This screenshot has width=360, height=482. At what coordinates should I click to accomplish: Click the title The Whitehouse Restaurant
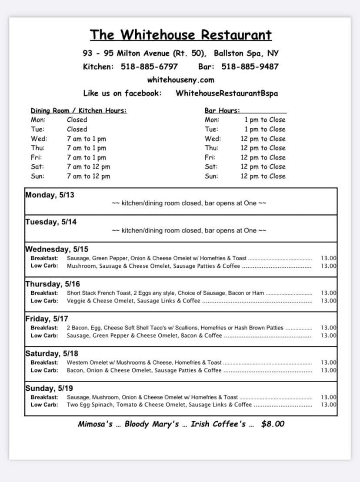[180, 35]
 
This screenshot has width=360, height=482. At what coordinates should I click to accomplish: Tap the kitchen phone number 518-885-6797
[149, 66]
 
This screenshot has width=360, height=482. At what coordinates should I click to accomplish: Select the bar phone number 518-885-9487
[250, 66]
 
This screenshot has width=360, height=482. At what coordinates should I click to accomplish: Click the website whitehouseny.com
[180, 80]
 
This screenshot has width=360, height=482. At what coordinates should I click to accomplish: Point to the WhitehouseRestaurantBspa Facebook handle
[227, 93]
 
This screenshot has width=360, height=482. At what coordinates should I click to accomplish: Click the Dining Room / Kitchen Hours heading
[79, 110]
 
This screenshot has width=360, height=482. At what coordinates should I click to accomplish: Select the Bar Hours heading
[222, 110]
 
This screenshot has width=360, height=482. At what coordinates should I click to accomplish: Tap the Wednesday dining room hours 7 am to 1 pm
[87, 139]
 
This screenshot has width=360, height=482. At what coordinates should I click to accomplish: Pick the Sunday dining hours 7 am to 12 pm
[88, 176]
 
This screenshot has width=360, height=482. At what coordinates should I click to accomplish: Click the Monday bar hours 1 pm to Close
[265, 120]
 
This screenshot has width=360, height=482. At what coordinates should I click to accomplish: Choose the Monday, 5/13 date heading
[50, 195]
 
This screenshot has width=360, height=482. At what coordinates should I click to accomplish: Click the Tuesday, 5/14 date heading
[51, 222]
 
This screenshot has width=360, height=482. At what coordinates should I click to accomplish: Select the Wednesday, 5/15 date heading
[57, 249]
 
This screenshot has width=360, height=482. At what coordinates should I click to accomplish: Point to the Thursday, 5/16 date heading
[53, 284]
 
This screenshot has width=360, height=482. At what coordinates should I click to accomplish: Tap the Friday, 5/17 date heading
[47, 319]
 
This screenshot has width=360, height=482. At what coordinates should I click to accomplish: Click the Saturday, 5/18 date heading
[52, 353]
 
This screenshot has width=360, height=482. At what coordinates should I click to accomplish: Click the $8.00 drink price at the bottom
[273, 424]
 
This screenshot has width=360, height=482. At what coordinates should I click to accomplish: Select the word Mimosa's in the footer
[95, 424]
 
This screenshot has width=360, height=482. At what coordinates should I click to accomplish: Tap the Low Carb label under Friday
[44, 336]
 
